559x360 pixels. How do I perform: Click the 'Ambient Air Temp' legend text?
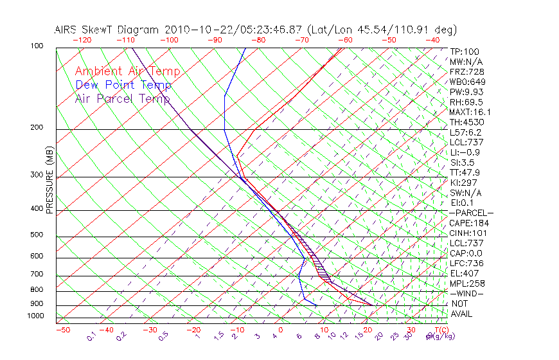click(x=127, y=71)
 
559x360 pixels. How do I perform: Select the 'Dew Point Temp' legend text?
click(x=123, y=85)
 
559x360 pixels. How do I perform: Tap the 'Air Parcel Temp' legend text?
click(x=123, y=98)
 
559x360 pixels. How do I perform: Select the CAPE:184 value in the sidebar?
click(x=466, y=223)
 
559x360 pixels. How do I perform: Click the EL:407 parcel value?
click(x=464, y=273)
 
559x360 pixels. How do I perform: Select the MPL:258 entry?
click(x=466, y=283)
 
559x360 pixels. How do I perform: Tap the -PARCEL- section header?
click(x=471, y=213)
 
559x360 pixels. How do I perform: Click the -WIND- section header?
click(x=467, y=293)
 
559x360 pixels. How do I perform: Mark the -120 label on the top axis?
click(x=82, y=40)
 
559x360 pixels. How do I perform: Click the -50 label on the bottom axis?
click(x=62, y=330)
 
